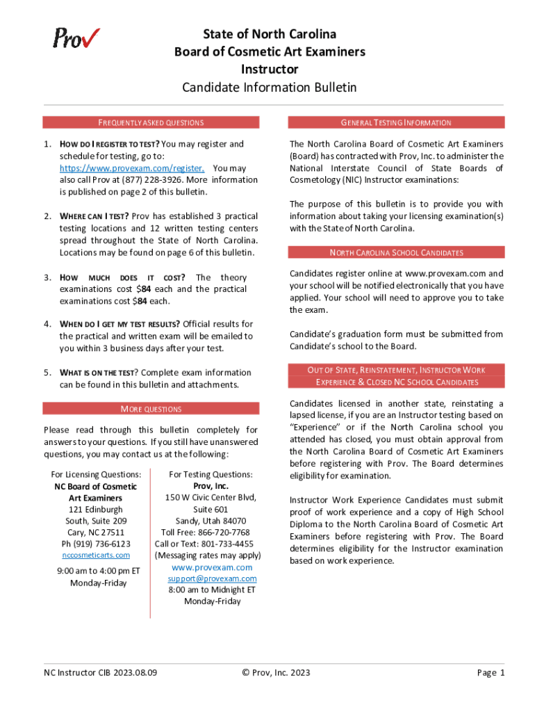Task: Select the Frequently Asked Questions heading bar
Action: pyautogui.click(x=150, y=122)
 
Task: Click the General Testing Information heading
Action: pyautogui.click(x=396, y=122)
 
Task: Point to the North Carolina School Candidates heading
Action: pyautogui.click(x=396, y=252)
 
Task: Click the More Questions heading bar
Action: pyautogui.click(x=150, y=409)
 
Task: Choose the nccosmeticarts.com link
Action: pyautogui.click(x=96, y=555)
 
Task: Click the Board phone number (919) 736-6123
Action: pyautogui.click(x=96, y=544)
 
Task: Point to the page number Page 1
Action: pyautogui.click(x=491, y=672)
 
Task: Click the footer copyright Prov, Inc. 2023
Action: pyautogui.click(x=276, y=672)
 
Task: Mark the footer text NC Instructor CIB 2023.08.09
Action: pyautogui.click(x=100, y=672)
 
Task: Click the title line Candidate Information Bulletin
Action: pyautogui.click(x=269, y=88)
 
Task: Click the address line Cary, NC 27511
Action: pyautogui.click(x=96, y=532)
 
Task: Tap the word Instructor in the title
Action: pyautogui.click(x=269, y=70)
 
